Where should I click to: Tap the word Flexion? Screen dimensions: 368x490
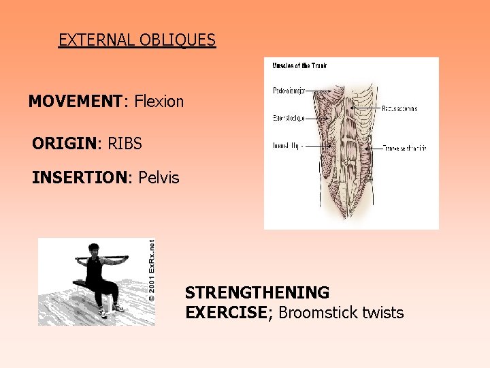pyautogui.click(x=159, y=102)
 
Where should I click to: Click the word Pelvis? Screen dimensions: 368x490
pyautogui.click(x=159, y=178)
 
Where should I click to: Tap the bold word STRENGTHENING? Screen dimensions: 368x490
pyautogui.click(x=257, y=293)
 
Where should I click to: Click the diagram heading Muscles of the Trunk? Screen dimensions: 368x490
pyautogui.click(x=299, y=65)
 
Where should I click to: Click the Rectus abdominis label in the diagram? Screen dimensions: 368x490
pyautogui.click(x=399, y=108)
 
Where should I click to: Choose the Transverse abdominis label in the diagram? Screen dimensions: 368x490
pyautogui.click(x=404, y=148)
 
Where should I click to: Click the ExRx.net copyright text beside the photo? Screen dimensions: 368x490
pyautogui.click(x=151, y=270)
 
